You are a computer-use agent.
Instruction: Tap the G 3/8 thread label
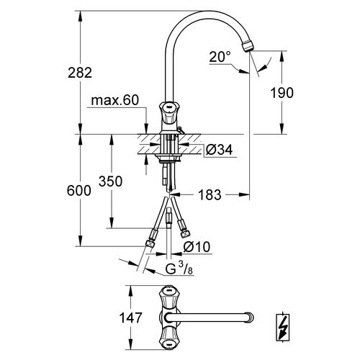[176, 270]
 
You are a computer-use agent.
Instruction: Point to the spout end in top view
[248, 315]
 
